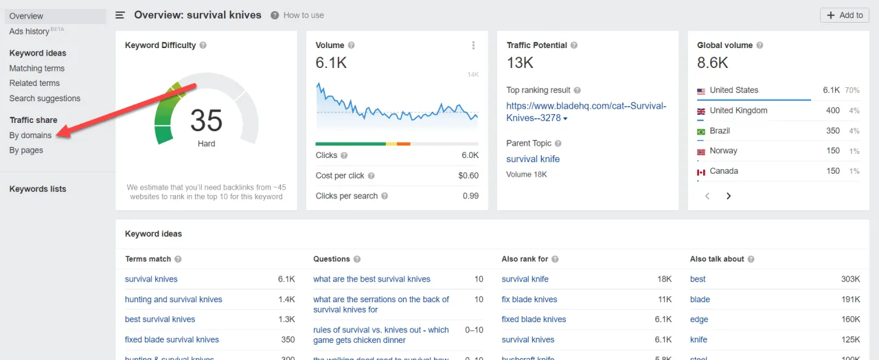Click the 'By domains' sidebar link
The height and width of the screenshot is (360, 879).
pyautogui.click(x=30, y=135)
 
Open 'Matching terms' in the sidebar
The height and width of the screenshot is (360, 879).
pyautogui.click(x=37, y=68)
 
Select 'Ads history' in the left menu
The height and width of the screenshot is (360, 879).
pyautogui.click(x=30, y=32)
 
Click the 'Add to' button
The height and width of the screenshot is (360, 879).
pyautogui.click(x=845, y=15)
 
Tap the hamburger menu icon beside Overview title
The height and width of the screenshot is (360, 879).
pyautogui.click(x=120, y=15)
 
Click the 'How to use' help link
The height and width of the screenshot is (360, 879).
pyautogui.click(x=303, y=15)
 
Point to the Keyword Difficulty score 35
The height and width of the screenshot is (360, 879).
pyautogui.click(x=206, y=121)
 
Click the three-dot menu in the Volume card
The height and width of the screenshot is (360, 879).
pyautogui.click(x=473, y=45)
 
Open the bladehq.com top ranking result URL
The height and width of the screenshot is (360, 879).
pyautogui.click(x=586, y=112)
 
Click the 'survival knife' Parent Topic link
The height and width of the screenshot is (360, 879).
pyautogui.click(x=533, y=159)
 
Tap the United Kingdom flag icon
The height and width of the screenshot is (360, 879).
pyautogui.click(x=701, y=111)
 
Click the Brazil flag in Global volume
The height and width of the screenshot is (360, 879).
pyautogui.click(x=701, y=131)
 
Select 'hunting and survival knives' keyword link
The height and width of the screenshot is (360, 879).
pyautogui.click(x=173, y=300)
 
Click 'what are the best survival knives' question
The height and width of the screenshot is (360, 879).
pyautogui.click(x=372, y=279)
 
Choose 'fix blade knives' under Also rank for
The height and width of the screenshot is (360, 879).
pyautogui.click(x=529, y=300)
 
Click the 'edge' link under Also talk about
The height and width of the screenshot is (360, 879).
pyautogui.click(x=698, y=319)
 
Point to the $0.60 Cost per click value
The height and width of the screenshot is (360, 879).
pyautogui.click(x=468, y=176)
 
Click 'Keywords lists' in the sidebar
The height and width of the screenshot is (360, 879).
pyautogui.click(x=38, y=189)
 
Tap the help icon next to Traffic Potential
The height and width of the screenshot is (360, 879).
pyautogui.click(x=574, y=45)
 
